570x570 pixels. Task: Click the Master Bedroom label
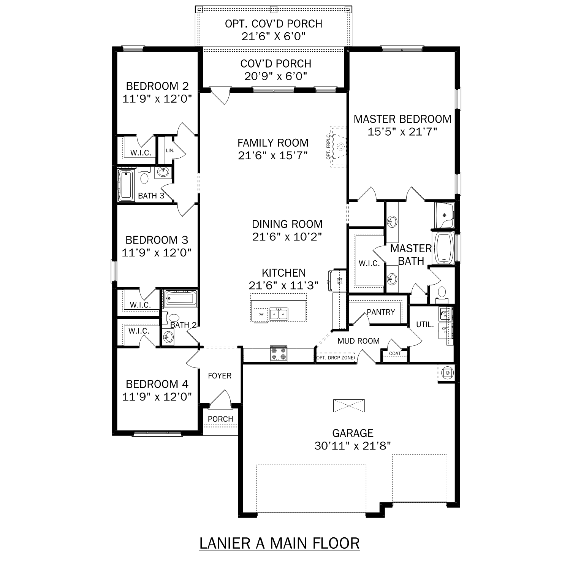click(x=402, y=119)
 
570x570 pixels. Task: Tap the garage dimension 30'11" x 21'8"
click(x=353, y=445)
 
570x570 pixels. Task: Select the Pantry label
click(x=381, y=312)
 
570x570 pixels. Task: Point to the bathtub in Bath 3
click(x=126, y=185)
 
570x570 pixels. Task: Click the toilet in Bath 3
click(x=144, y=177)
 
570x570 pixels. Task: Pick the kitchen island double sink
click(x=279, y=314)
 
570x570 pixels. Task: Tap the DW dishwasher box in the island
click(x=261, y=314)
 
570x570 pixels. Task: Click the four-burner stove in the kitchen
click(x=279, y=354)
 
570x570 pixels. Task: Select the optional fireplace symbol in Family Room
click(x=339, y=146)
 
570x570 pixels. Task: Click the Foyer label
click(x=220, y=375)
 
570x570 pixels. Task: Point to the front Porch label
click(x=220, y=419)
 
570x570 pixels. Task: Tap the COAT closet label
click(x=395, y=353)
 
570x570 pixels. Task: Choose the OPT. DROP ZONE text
click(x=335, y=358)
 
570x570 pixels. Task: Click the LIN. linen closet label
click(x=170, y=150)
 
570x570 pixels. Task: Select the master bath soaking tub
click(x=443, y=248)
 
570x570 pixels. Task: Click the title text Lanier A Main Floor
click(x=279, y=543)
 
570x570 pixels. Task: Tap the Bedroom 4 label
click(x=157, y=384)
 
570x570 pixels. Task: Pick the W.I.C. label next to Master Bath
click(x=369, y=263)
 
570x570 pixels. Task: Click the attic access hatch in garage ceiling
click(x=349, y=405)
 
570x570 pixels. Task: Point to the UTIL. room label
click(x=425, y=325)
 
